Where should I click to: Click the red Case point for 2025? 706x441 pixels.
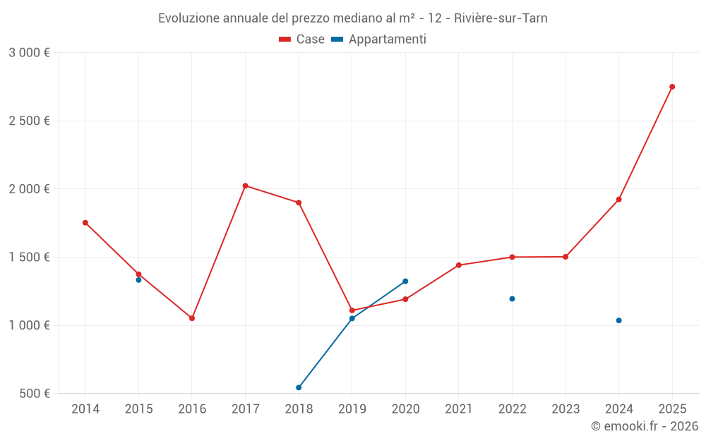pos(672,87)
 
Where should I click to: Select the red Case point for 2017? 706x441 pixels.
pos(245,186)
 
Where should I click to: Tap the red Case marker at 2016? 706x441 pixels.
pos(192,318)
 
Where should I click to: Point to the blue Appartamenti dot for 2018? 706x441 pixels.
pos(299,387)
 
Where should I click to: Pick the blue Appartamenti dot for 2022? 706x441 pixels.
pos(512,298)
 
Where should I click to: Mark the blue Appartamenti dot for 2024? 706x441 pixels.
pos(618,320)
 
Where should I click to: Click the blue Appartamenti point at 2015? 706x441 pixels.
pos(138,280)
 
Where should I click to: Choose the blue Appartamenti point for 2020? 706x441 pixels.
pos(405,281)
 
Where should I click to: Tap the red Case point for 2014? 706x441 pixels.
pos(85,223)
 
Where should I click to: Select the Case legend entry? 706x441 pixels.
pos(302,40)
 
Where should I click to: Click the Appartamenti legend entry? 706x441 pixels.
pos(379,40)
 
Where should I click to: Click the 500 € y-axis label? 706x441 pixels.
pos(34,394)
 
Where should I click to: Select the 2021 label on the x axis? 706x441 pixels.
pos(459,409)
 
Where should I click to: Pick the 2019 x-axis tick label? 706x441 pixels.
pos(352,409)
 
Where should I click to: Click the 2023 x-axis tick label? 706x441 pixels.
pos(566,409)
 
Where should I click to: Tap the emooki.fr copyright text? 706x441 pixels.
pos(645,426)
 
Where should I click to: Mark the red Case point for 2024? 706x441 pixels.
pos(618,200)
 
